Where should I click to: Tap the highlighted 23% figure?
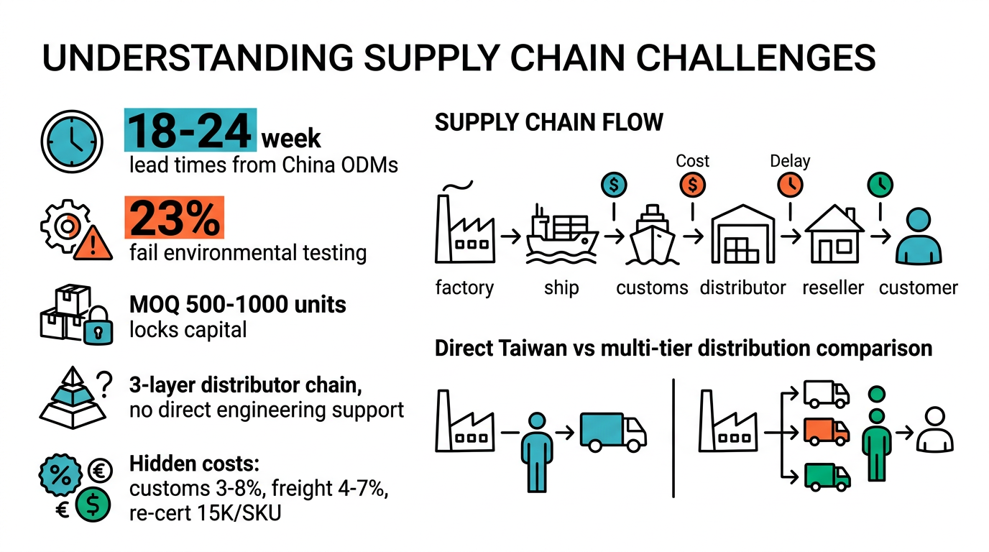click(175, 218)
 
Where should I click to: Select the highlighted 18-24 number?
click(190, 131)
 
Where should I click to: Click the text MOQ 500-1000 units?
click(237, 304)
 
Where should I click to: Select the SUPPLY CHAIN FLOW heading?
click(548, 122)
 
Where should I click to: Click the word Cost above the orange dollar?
click(692, 160)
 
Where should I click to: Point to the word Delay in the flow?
click(789, 160)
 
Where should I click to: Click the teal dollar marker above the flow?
click(613, 185)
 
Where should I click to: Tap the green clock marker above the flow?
click(880, 185)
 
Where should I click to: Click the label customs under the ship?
click(652, 288)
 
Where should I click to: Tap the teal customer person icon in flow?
click(918, 236)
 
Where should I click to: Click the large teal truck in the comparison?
click(612, 431)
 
